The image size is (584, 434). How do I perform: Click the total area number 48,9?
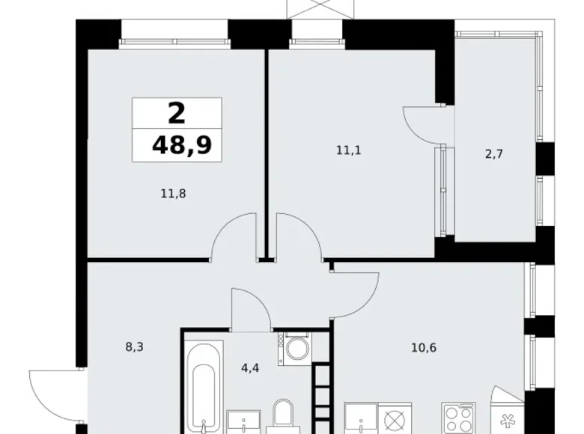coord(182,144)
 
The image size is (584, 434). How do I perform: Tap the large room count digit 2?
coord(177,114)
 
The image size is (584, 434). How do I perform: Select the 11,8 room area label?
coord(173,194)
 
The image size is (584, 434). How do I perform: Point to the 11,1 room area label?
coord(349,150)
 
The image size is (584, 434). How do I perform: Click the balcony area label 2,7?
coord(494,153)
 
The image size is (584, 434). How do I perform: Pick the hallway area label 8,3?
coord(135,347)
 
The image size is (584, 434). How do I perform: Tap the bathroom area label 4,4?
coord(250,368)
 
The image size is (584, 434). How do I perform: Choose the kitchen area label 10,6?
coord(424,348)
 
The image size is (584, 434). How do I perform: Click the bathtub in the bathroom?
coord(204,387)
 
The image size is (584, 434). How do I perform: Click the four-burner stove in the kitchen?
coord(458,418)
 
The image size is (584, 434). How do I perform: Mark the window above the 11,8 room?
coord(174,42)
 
